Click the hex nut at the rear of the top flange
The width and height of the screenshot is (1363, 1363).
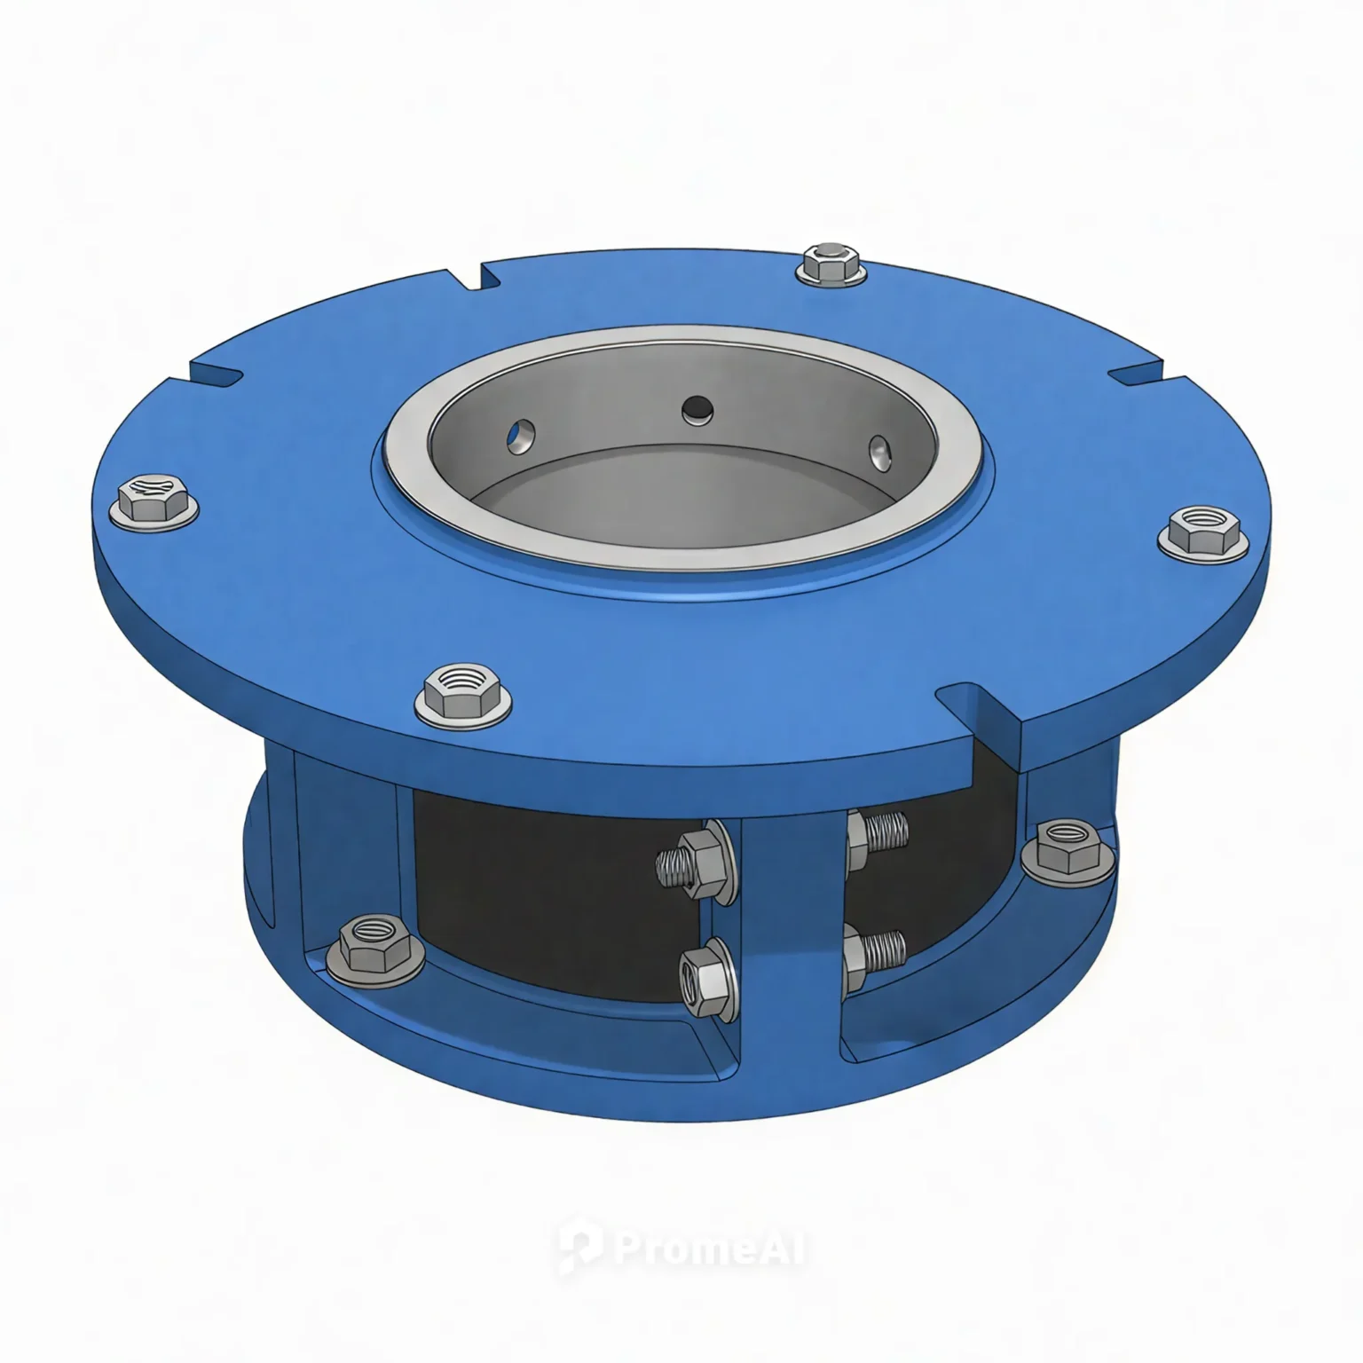831,264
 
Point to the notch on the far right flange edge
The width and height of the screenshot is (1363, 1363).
1145,374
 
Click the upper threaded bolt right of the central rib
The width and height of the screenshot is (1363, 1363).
878,837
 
